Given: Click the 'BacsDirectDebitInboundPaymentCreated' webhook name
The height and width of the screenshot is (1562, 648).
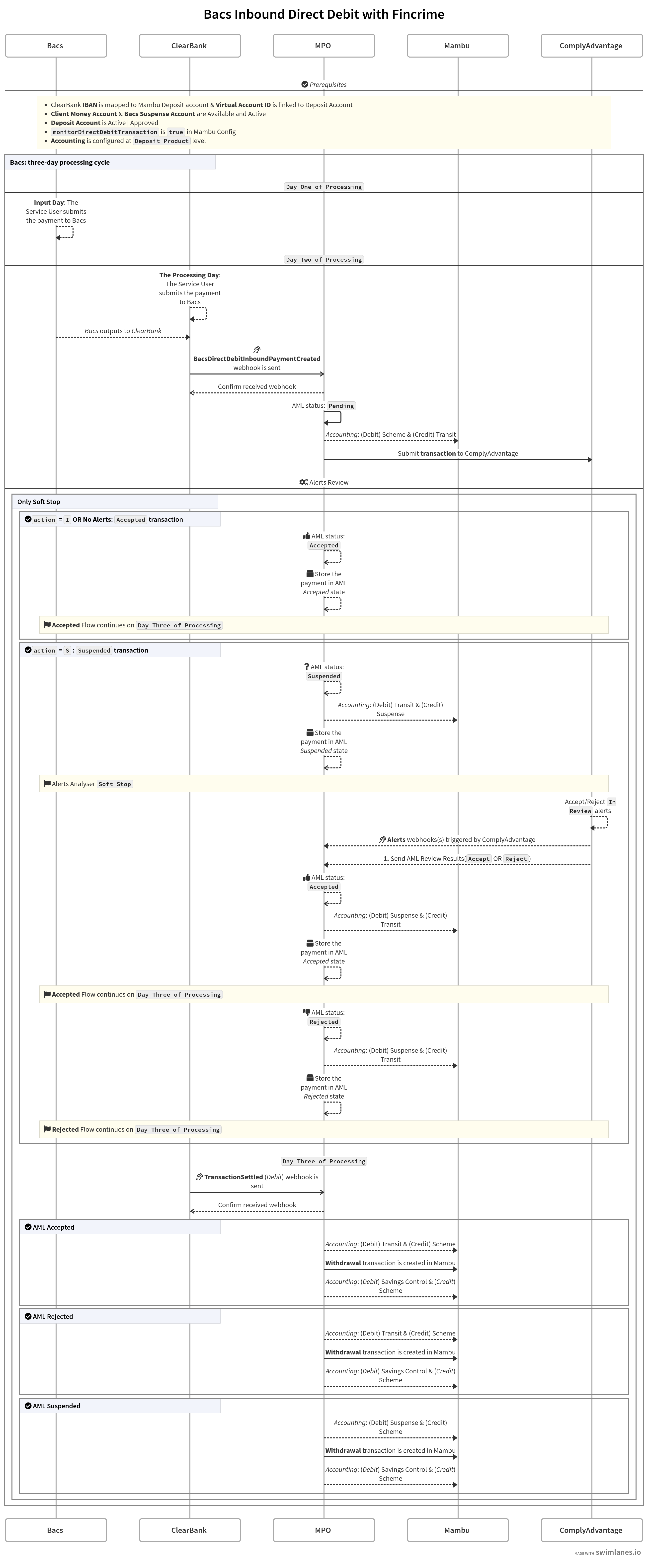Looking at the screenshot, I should [257, 359].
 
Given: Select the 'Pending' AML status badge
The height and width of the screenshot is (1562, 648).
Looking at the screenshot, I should [341, 406].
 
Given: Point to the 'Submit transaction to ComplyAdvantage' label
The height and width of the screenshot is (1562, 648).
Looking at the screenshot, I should [458, 453].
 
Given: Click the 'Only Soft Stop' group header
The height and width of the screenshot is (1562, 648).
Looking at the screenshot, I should [39, 502].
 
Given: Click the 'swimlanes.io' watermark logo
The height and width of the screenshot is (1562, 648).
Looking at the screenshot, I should [618, 1552].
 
